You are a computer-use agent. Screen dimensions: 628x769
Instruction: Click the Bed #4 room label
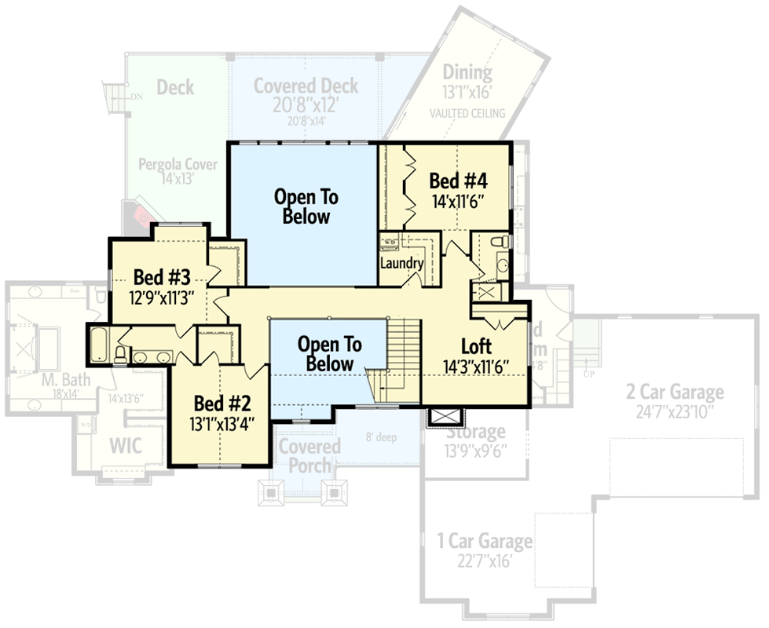coord(456,181)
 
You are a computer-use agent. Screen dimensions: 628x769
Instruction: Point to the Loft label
coord(477,346)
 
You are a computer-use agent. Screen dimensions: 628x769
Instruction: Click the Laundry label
coord(401,263)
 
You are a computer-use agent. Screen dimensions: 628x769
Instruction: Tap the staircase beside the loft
coord(405,353)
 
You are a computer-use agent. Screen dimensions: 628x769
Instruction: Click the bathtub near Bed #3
coord(99,346)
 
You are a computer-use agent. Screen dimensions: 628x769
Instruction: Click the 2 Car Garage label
coord(675,391)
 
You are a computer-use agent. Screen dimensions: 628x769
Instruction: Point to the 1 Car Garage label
coord(485,541)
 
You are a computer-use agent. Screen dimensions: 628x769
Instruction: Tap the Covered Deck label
coord(306,86)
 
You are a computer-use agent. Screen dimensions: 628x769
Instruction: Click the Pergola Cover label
coord(178,165)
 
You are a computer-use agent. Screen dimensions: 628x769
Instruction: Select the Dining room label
coord(467,73)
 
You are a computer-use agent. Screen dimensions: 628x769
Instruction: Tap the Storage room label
coord(476,432)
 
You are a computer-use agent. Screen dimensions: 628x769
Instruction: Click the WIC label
coord(125,446)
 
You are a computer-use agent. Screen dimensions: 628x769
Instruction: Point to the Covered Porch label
coord(309,455)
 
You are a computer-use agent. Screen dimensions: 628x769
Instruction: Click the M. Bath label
coord(66,381)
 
